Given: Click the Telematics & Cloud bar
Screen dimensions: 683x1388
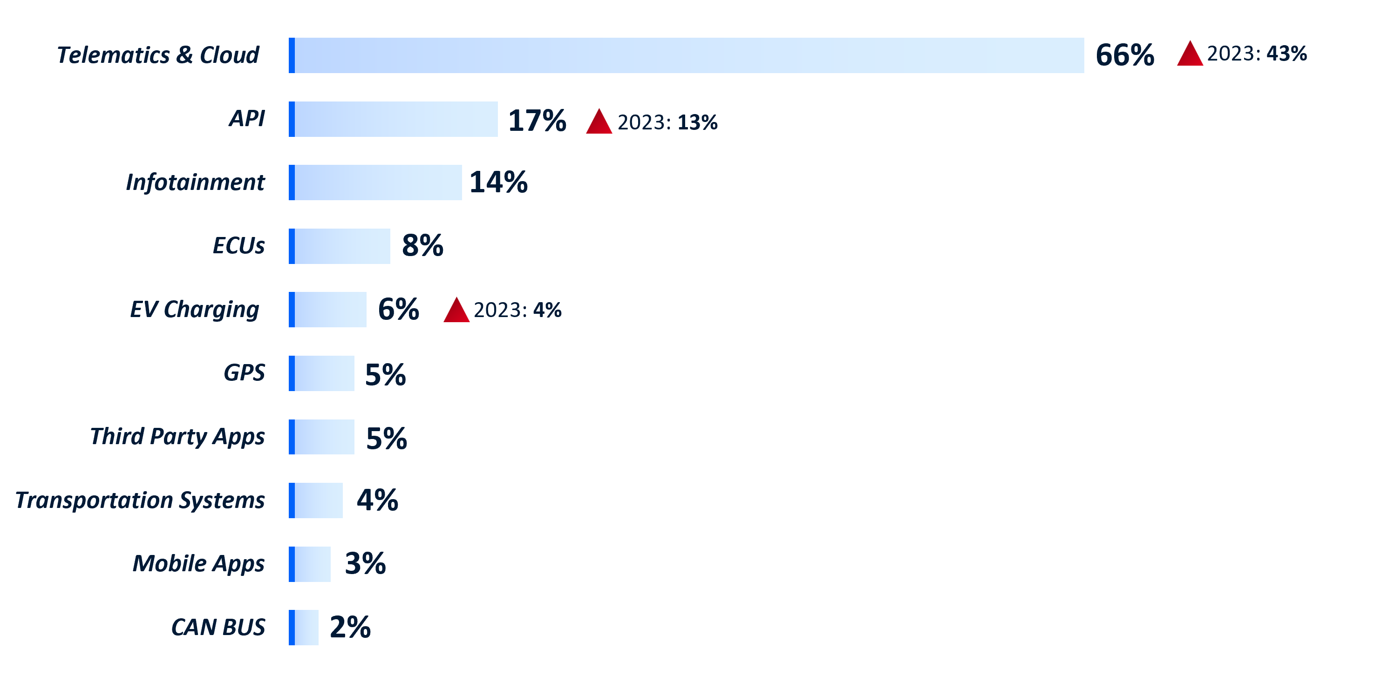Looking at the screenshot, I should click(x=687, y=55).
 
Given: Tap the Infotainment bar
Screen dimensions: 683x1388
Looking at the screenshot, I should click(x=375, y=183).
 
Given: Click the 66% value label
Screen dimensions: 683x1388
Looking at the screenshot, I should click(x=1124, y=55).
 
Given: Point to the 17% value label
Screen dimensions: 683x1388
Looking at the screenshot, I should click(x=537, y=120).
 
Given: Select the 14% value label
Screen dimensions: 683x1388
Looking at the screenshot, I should click(x=498, y=182).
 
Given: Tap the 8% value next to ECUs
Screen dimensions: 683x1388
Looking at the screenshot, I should click(x=422, y=246).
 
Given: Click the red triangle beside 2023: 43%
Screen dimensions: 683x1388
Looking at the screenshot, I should click(x=1190, y=54).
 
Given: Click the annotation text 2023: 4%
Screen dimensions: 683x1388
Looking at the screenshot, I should click(x=517, y=310).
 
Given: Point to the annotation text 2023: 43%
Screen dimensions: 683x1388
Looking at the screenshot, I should click(x=1257, y=54).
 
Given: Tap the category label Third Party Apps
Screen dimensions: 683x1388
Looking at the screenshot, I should click(x=177, y=437).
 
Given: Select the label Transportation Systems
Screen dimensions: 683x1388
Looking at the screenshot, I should click(x=140, y=500).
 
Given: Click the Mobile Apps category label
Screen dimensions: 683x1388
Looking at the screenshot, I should click(x=198, y=564).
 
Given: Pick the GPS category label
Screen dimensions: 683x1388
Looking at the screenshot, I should click(x=244, y=373).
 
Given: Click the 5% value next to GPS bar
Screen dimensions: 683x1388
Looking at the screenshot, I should click(x=385, y=374).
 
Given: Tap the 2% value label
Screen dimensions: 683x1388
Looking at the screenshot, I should click(x=350, y=627).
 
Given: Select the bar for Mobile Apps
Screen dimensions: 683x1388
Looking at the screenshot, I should click(x=310, y=564).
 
